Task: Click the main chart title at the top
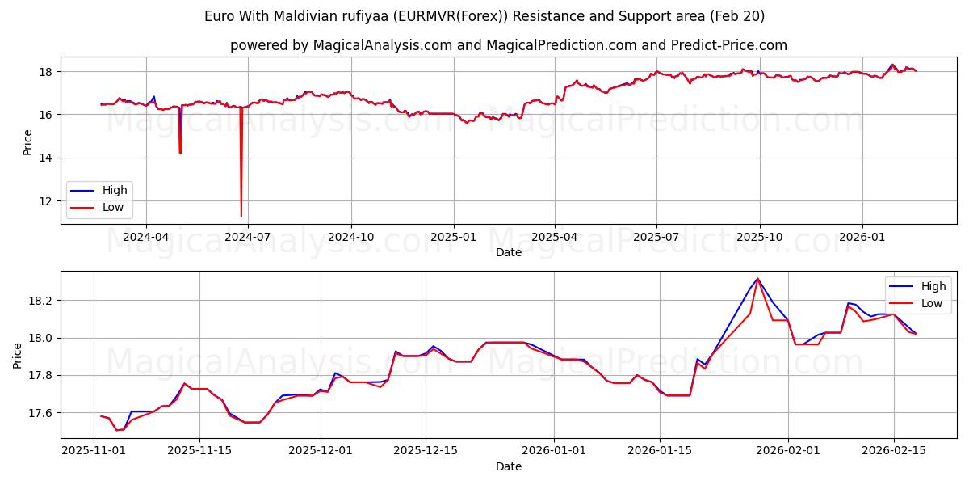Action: coord(484,16)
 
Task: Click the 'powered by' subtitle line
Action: coord(509,45)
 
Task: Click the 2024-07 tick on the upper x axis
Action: coord(248,236)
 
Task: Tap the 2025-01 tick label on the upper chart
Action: coord(453,236)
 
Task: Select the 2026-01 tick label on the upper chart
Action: coord(862,236)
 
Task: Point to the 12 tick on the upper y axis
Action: coord(46,200)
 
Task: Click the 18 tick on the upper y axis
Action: coord(46,72)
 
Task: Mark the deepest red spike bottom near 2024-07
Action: coord(241,216)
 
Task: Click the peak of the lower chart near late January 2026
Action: coord(757,279)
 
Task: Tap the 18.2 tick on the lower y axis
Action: coord(40,301)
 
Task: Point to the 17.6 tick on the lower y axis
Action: coord(40,413)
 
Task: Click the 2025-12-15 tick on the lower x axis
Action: coord(426,451)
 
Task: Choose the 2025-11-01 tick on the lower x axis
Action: coord(94,451)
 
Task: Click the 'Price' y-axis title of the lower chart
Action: coord(18,356)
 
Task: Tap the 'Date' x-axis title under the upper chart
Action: coord(509,252)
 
